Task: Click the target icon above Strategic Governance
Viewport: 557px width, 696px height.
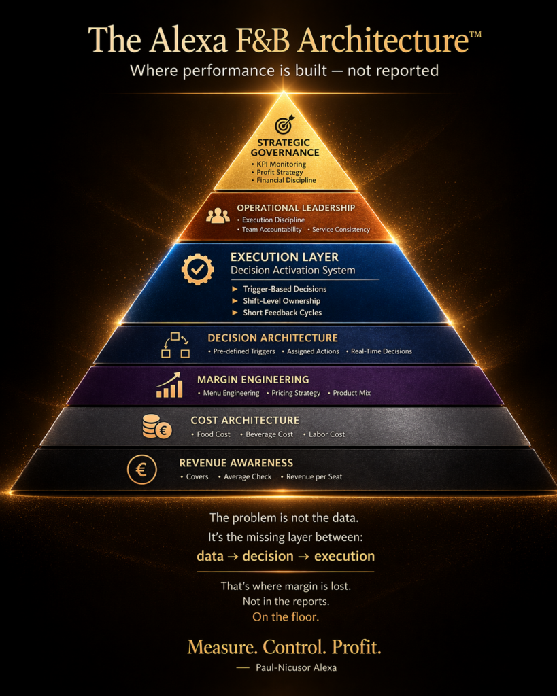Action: point(284,125)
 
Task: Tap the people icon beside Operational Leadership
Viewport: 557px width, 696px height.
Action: point(218,215)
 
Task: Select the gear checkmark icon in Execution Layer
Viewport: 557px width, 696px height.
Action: point(198,269)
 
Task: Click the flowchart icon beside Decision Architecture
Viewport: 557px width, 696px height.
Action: point(175,345)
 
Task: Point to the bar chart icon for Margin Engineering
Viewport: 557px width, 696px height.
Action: point(169,385)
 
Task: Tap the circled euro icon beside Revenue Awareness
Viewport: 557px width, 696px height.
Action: point(141,470)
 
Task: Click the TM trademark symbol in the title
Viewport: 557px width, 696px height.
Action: point(475,34)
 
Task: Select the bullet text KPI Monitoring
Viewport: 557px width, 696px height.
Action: point(281,164)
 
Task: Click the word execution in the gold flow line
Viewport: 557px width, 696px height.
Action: point(344,556)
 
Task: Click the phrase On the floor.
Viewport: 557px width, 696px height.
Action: point(286,617)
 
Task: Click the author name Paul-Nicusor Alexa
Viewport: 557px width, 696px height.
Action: point(296,667)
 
